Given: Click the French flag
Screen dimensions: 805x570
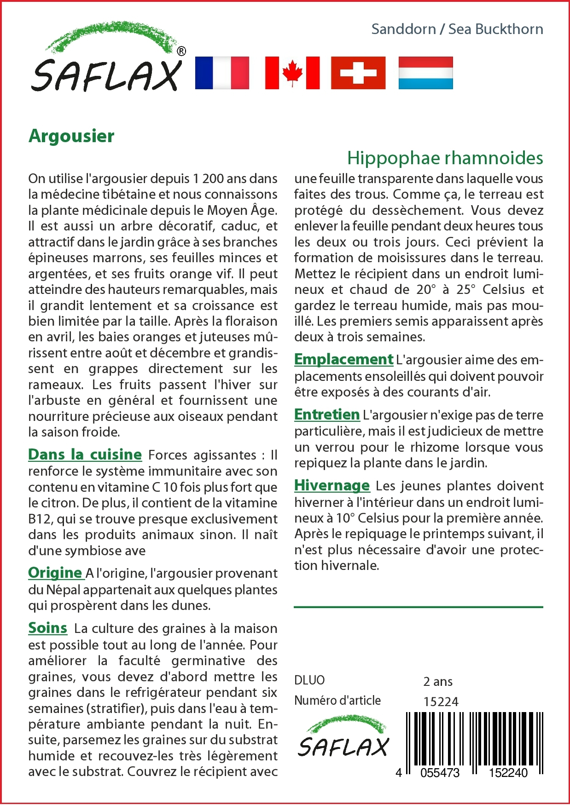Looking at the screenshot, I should pos(222,73).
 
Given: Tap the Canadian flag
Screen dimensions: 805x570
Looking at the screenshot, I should pos(292,73).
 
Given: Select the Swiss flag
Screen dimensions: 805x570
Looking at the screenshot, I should pos(358,73).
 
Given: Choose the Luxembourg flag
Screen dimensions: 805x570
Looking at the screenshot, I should pos(425,73).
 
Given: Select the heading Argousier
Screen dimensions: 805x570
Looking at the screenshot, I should pos(71,136).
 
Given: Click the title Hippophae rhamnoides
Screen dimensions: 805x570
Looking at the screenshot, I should pos(445,158).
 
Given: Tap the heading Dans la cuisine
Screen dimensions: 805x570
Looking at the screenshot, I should pos(85,454).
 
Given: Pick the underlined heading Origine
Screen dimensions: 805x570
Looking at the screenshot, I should pos(55,573).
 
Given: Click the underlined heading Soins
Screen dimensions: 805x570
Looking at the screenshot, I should pos(47,628).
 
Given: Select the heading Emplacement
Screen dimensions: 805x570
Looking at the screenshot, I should pos(343,359).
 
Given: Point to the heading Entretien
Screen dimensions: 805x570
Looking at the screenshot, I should pos(327,414).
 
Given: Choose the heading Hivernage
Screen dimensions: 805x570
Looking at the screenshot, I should pos(332,485).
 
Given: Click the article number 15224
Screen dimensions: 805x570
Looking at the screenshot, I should pos(441,701).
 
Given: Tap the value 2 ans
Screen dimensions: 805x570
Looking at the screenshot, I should pos(438,681).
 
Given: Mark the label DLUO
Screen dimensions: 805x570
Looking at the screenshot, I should pos(309,680).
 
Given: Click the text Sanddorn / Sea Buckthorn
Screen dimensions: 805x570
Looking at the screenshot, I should pos(457,29).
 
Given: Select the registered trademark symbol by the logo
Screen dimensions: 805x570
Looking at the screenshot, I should pos(181,51).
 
